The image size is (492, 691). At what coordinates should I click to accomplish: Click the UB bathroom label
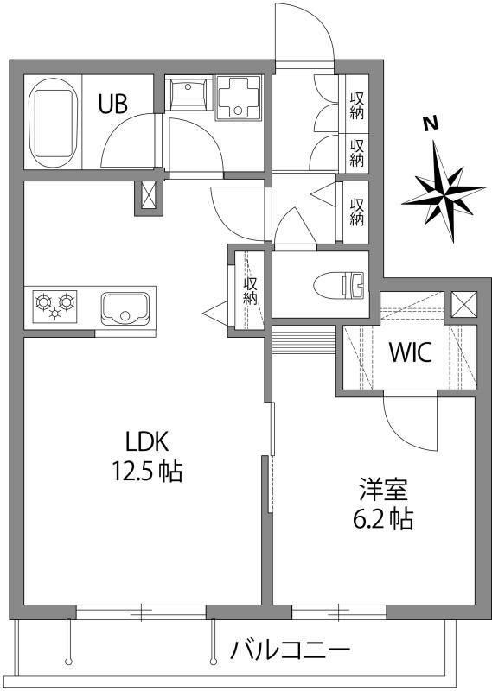112,105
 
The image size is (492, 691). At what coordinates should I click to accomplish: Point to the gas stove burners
54,305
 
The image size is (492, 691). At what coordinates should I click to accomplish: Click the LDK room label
144,441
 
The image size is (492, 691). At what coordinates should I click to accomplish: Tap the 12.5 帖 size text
144,471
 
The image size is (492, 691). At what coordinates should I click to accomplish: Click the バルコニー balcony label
291,650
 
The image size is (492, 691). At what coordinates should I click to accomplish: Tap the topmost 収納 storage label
356,105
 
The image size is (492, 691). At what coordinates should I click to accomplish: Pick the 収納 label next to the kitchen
250,288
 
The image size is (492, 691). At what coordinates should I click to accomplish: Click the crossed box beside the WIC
463,305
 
